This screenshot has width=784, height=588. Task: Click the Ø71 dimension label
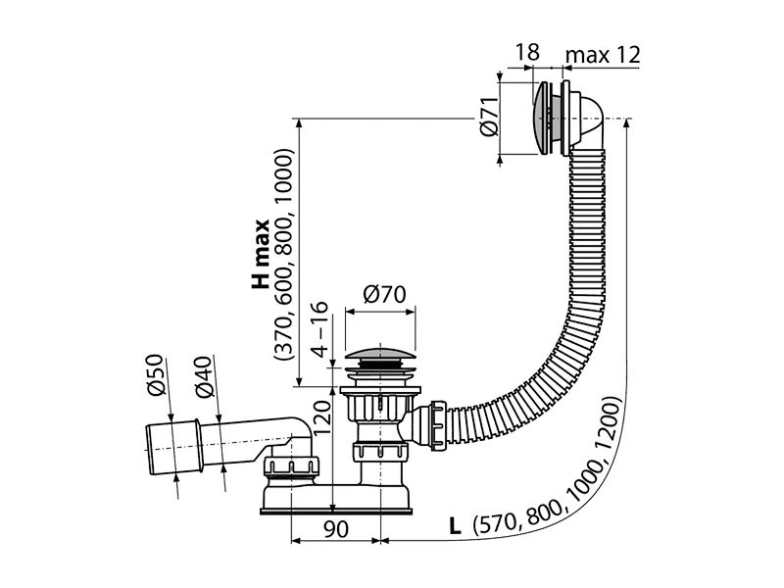(489, 117)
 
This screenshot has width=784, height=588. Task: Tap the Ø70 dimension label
(384, 295)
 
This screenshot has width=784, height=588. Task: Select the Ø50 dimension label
(156, 374)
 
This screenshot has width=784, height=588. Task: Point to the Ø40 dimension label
(204, 376)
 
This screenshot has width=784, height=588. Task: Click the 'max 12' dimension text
(603, 55)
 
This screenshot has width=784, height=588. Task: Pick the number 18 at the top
(527, 52)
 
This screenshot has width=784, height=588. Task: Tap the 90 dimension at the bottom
(335, 528)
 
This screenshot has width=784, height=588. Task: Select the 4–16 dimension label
(319, 329)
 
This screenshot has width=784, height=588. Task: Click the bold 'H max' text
(261, 254)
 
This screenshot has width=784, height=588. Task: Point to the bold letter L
(455, 526)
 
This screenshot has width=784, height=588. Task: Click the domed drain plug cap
(380, 351)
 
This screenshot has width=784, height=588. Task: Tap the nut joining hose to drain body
(437, 424)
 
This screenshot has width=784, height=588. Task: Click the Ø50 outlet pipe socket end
(173, 447)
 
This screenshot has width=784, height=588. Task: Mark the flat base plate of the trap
(336, 512)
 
